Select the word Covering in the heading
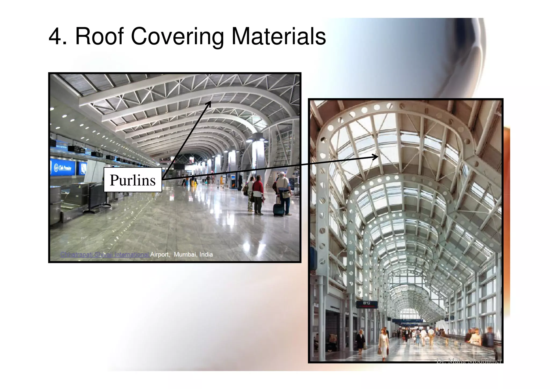tap(177, 37)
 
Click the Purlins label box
tap(133, 180)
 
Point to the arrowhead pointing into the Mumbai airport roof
tap(209, 103)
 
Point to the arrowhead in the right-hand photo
tap(376, 157)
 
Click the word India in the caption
tap(206, 254)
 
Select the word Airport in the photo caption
tap(160, 254)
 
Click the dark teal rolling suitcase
tap(278, 209)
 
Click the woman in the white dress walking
tap(383, 344)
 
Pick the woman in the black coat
tap(360, 341)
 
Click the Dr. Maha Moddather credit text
tap(469, 361)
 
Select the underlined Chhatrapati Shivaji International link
tap(104, 254)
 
